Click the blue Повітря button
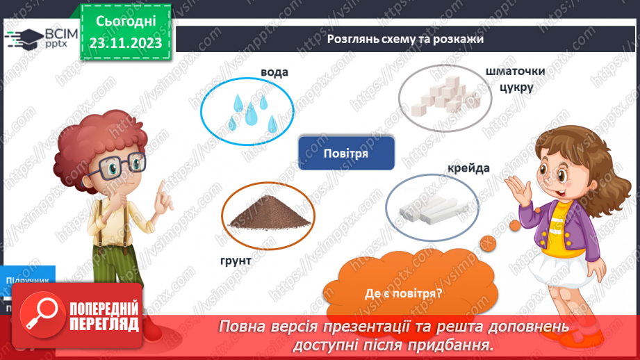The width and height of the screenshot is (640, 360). point(345,153)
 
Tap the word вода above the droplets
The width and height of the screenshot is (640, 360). point(274,72)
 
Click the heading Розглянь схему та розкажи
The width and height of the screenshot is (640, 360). point(405,40)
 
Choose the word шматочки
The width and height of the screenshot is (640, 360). point(516,72)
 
